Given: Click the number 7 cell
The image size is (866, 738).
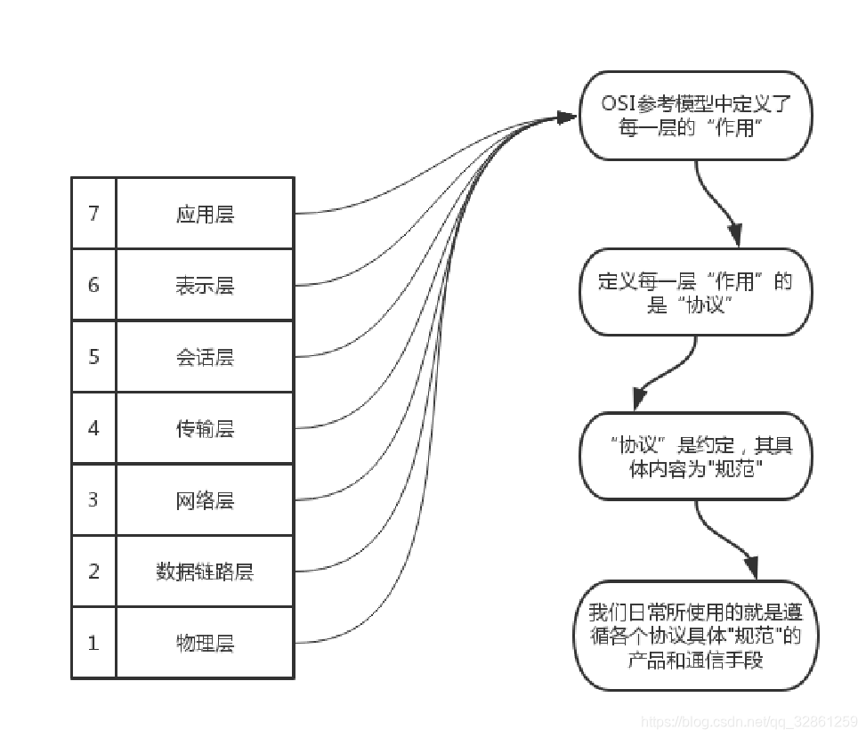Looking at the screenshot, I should click(x=93, y=214).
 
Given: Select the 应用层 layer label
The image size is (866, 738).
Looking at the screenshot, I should click(x=205, y=214).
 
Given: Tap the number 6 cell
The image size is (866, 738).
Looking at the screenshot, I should click(x=93, y=285).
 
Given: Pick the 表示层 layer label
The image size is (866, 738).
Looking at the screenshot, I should click(x=205, y=285).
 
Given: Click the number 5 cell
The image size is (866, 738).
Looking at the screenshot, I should click(x=93, y=357).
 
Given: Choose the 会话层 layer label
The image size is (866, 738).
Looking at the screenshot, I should click(x=205, y=357).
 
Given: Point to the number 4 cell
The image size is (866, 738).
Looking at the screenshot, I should click(x=93, y=428).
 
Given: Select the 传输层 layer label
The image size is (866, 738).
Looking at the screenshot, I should click(x=205, y=428).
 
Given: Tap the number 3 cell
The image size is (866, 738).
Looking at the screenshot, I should click(x=93, y=499).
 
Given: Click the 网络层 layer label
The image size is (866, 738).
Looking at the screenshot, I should click(x=205, y=499).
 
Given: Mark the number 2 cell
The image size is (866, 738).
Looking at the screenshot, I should click(x=93, y=571).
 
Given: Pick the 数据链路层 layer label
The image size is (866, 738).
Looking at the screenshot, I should click(x=205, y=571).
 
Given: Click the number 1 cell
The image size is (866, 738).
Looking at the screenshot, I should click(x=93, y=642).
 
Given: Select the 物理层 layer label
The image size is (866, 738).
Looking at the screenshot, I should click(x=205, y=642).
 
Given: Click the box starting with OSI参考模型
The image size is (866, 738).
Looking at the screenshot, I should click(x=695, y=116).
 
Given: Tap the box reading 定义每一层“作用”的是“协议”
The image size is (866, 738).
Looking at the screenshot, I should click(x=695, y=293).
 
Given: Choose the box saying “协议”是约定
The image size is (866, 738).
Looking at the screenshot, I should click(x=695, y=457).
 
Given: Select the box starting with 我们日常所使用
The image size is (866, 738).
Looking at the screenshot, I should click(x=695, y=636).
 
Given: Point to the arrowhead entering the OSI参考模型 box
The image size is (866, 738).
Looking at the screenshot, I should click(x=568, y=117).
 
